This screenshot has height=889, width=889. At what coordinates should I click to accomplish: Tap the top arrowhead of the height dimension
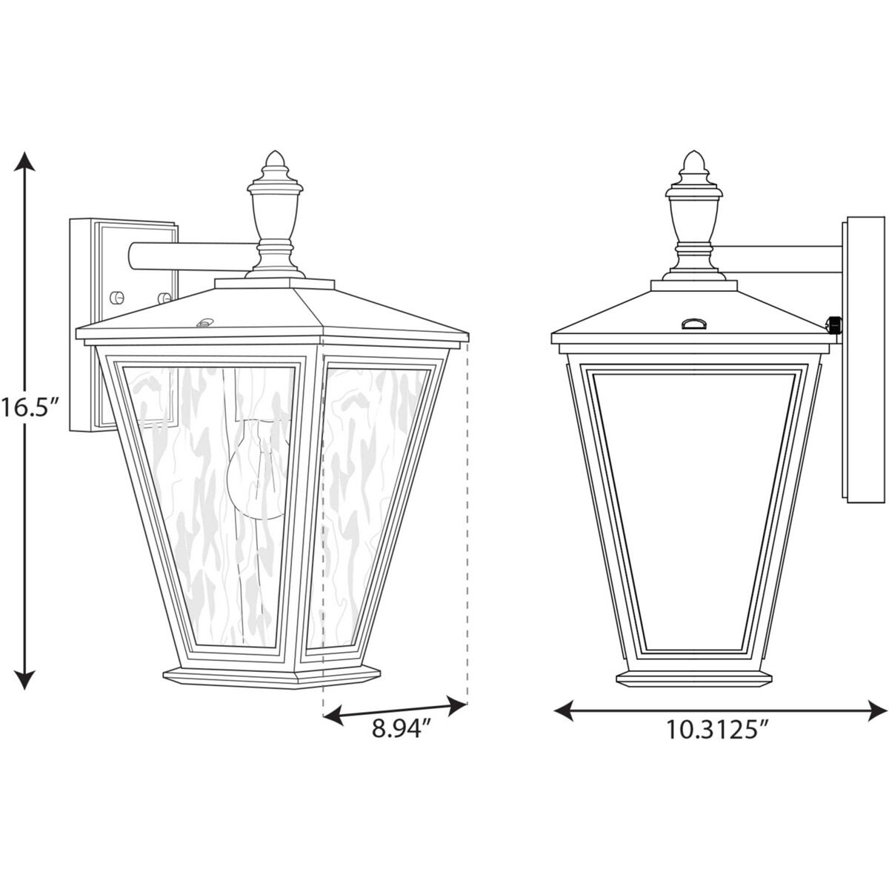click(x=26, y=161)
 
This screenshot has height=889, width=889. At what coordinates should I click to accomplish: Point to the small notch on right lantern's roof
click(x=693, y=322)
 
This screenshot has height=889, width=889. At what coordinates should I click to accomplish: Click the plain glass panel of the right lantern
click(x=693, y=504)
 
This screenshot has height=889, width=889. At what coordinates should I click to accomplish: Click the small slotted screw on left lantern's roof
click(x=204, y=322)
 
